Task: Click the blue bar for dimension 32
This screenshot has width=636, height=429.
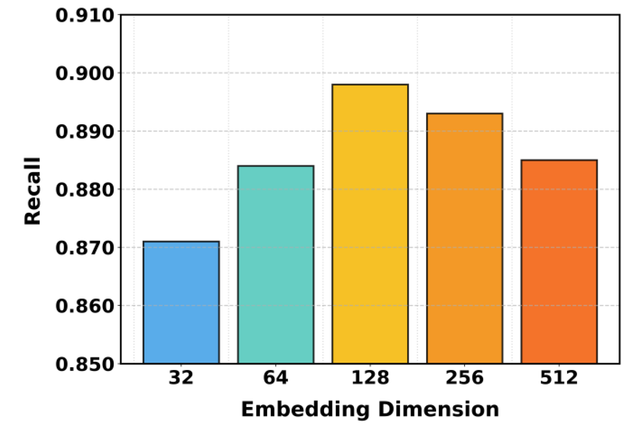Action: (181, 302)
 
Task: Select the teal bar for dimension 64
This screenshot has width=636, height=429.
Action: (276, 265)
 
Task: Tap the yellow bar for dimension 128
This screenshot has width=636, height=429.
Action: (370, 224)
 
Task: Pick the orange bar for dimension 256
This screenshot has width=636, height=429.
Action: (464, 238)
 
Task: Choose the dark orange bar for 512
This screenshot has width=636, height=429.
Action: (559, 262)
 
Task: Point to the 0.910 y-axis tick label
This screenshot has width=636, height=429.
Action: (85, 15)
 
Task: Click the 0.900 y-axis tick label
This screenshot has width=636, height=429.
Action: (85, 73)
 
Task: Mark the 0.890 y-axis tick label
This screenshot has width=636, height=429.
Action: (85, 131)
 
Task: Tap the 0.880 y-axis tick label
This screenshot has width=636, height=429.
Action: (85, 190)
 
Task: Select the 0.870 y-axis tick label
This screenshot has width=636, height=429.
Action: (85, 248)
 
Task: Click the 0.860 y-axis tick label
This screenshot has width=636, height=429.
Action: (85, 306)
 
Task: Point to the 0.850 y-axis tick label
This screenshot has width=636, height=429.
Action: (85, 364)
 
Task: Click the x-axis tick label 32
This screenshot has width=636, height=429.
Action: (181, 378)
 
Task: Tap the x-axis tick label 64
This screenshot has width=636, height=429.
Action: (276, 378)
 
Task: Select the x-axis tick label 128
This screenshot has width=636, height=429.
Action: (370, 378)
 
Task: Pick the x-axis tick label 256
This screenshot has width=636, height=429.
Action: (464, 378)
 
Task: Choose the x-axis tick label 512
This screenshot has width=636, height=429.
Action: (559, 378)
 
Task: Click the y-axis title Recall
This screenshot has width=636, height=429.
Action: (33, 191)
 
